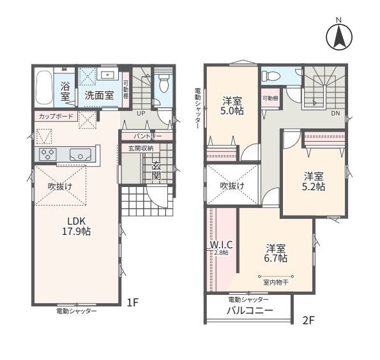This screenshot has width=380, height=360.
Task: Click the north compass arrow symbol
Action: (338, 37)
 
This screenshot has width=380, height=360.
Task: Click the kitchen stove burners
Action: (49, 154)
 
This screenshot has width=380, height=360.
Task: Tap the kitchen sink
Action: (80, 154)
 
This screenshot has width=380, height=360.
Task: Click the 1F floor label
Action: (132, 303)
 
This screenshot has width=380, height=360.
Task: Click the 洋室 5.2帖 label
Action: (314, 181)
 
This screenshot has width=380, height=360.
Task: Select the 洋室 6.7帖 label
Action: (276, 253)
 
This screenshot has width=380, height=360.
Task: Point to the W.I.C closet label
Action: (220, 247)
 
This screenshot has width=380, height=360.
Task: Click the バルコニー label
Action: (250, 311)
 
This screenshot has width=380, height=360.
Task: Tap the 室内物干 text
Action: (276, 281)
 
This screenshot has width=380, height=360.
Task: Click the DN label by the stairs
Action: (335, 113)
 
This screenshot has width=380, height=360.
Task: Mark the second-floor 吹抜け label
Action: (232, 186)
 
